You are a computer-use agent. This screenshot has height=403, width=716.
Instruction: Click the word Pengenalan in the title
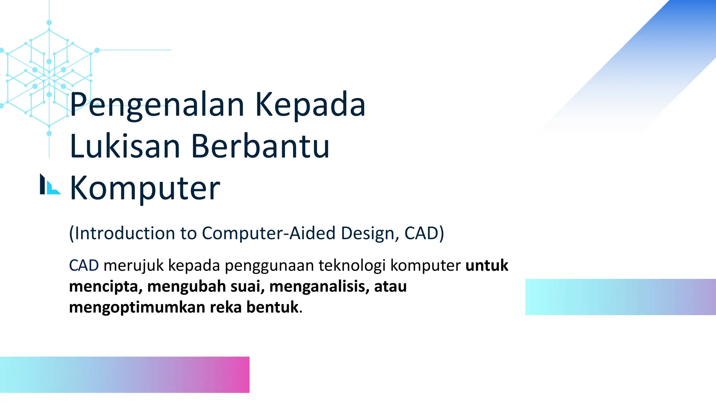click(x=157, y=105)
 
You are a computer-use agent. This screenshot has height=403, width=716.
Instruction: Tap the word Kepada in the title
click(x=310, y=105)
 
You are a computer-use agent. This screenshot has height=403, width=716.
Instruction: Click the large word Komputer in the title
click(x=145, y=188)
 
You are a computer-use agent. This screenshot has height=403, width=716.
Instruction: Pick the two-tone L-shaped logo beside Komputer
click(x=50, y=184)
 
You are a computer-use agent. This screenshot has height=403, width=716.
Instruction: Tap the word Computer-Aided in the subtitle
click(x=269, y=233)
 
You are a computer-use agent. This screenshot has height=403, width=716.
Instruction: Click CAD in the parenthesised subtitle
click(x=422, y=233)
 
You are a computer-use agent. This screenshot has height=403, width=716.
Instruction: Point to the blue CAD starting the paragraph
click(x=84, y=266)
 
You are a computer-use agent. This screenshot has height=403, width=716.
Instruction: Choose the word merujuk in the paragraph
click(x=134, y=266)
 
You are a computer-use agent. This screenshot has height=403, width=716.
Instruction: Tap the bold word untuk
click(x=487, y=266)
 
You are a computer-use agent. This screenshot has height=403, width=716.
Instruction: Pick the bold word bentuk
click(x=272, y=307)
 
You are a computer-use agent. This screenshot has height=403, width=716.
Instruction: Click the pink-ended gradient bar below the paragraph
click(x=124, y=375)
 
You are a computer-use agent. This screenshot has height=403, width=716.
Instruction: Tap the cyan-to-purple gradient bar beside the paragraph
click(x=621, y=297)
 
